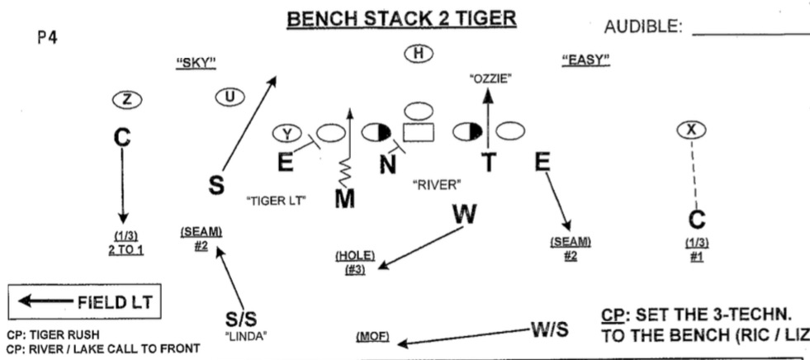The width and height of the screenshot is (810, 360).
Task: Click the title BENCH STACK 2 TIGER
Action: [x=401, y=17]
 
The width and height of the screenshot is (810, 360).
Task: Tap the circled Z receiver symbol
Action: [x=126, y=99]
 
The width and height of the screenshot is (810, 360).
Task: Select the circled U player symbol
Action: [x=230, y=97]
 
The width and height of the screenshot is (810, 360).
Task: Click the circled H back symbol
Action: [x=419, y=54]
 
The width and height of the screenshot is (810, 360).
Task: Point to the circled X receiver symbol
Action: [x=690, y=129]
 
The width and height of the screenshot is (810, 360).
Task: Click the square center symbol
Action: [x=418, y=132]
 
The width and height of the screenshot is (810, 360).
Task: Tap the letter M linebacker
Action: [x=345, y=199]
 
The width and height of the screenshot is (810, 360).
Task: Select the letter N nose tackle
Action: [x=387, y=165]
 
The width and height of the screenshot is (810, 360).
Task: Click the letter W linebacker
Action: [x=465, y=214]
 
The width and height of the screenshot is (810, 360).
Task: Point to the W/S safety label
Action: [x=550, y=330]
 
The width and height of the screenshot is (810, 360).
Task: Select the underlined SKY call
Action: [x=197, y=62]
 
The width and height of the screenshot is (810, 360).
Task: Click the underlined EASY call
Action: [x=585, y=59]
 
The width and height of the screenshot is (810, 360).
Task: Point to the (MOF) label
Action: [x=372, y=337]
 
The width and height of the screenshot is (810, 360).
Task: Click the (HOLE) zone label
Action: [x=354, y=256]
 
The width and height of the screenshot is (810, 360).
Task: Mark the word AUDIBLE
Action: [x=643, y=27]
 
